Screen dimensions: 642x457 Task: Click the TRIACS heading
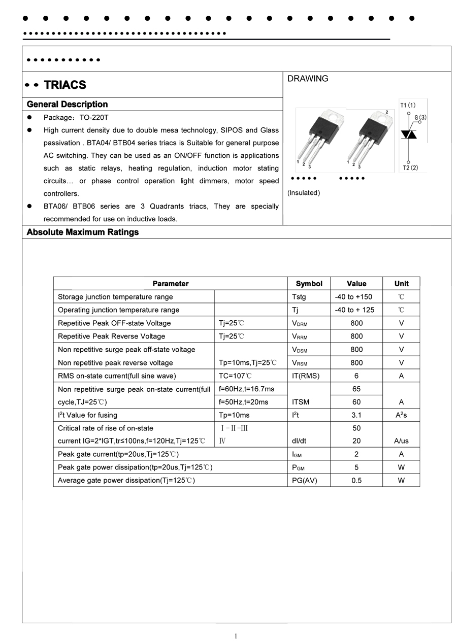click(65, 85)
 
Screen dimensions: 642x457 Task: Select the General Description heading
click(67, 104)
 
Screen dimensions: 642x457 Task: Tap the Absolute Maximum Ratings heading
click(82, 232)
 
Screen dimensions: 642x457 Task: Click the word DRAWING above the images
click(308, 79)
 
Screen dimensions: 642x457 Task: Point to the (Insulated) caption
click(304, 193)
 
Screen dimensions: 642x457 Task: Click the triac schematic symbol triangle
click(409, 134)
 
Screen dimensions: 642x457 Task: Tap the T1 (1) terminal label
click(408, 105)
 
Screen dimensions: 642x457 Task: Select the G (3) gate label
click(420, 118)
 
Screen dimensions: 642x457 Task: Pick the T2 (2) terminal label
click(410, 167)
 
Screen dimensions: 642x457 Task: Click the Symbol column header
click(309, 284)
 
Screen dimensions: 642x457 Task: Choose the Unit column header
click(401, 284)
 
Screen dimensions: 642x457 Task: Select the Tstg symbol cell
click(299, 297)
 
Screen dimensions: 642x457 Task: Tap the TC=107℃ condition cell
click(235, 376)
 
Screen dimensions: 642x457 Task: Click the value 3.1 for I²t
click(356, 415)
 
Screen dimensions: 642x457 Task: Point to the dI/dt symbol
click(299, 441)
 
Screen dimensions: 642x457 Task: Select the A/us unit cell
click(401, 441)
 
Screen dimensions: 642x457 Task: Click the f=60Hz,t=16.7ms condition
click(246, 389)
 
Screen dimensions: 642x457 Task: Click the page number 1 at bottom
click(236, 636)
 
